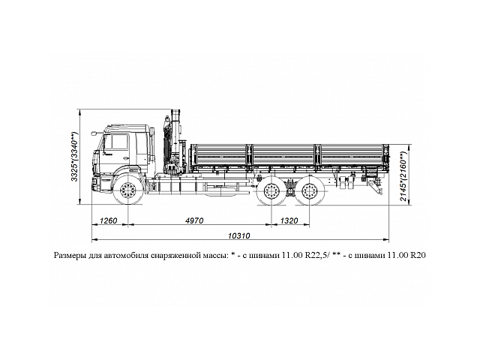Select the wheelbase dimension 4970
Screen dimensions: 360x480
click(x=201, y=221)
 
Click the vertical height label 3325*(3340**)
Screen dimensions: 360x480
click(x=74, y=157)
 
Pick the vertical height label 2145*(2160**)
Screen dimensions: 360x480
click(x=404, y=178)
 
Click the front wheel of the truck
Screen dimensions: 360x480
click(x=129, y=188)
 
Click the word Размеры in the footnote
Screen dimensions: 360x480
click(x=73, y=255)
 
